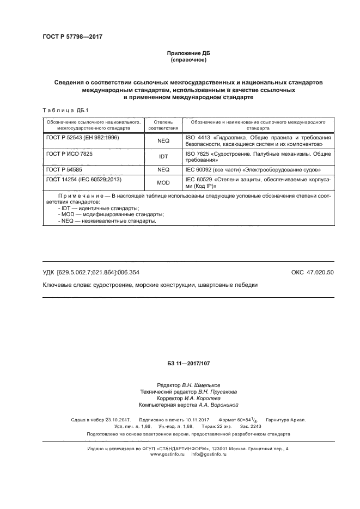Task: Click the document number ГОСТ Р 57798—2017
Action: click(x=72, y=36)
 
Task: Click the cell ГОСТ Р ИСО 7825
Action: click(x=70, y=154)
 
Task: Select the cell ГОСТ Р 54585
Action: click(x=66, y=170)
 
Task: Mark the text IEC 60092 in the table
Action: click(x=199, y=170)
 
